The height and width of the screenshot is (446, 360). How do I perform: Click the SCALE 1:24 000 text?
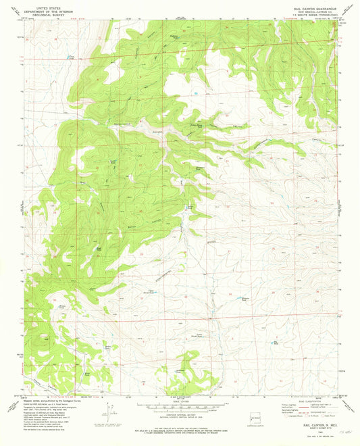(x=180, y=403)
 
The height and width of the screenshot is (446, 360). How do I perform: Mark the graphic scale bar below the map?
(x=180, y=407)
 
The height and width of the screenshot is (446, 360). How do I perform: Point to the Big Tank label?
(x=276, y=342)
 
